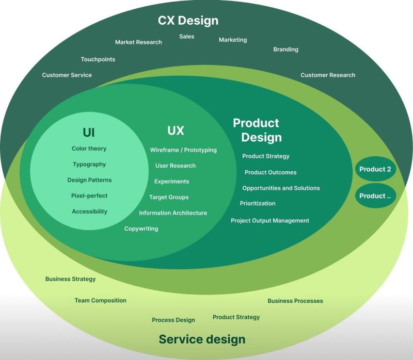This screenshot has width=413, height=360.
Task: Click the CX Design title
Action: click(188, 21)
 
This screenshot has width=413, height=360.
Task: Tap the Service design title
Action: click(202, 339)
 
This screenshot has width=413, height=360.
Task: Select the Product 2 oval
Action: click(375, 169)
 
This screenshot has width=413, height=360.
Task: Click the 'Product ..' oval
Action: click(375, 196)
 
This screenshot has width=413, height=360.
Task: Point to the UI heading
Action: click(89, 133)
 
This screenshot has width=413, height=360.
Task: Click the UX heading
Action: click(176, 130)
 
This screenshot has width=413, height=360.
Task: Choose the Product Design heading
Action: click(257, 130)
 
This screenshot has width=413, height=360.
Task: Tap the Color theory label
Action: click(89, 149)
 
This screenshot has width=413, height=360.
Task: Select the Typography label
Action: click(89, 165)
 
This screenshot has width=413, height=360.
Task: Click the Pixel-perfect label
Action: click(89, 196)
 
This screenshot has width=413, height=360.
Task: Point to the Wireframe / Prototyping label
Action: click(183, 150)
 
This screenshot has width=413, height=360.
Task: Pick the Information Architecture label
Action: click(173, 213)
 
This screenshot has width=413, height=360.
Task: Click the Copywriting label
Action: click(141, 228)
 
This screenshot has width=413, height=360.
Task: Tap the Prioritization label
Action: click(258, 204)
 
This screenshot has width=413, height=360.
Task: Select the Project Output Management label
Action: click(269, 221)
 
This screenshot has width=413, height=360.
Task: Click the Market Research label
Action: click(138, 42)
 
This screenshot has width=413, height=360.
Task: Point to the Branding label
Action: click(285, 50)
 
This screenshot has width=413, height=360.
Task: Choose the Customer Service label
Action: click(67, 75)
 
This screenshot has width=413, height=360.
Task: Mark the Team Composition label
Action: click(100, 301)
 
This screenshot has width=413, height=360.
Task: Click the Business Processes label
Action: click(295, 301)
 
